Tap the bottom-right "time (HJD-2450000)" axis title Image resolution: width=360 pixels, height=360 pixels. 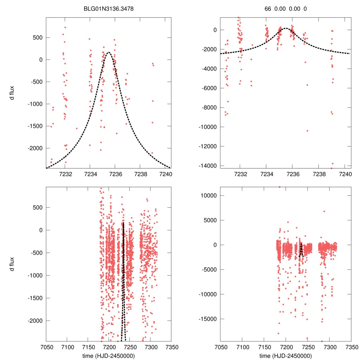[285, 355]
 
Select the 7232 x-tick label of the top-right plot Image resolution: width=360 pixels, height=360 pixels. [240, 174]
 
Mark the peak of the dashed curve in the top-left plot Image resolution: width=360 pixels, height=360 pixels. [108, 52]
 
